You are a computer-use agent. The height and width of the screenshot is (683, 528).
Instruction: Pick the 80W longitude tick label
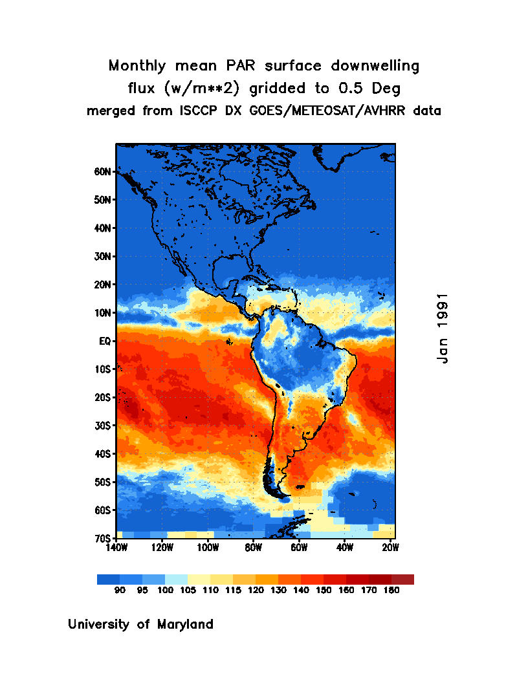click(253, 548)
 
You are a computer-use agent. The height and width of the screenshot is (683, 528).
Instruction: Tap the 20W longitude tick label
click(390, 548)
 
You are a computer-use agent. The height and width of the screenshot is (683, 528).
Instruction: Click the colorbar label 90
click(120, 591)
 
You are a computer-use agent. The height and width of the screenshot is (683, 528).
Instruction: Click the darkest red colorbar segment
click(402, 580)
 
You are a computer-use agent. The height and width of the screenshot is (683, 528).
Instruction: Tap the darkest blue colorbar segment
click(108, 580)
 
